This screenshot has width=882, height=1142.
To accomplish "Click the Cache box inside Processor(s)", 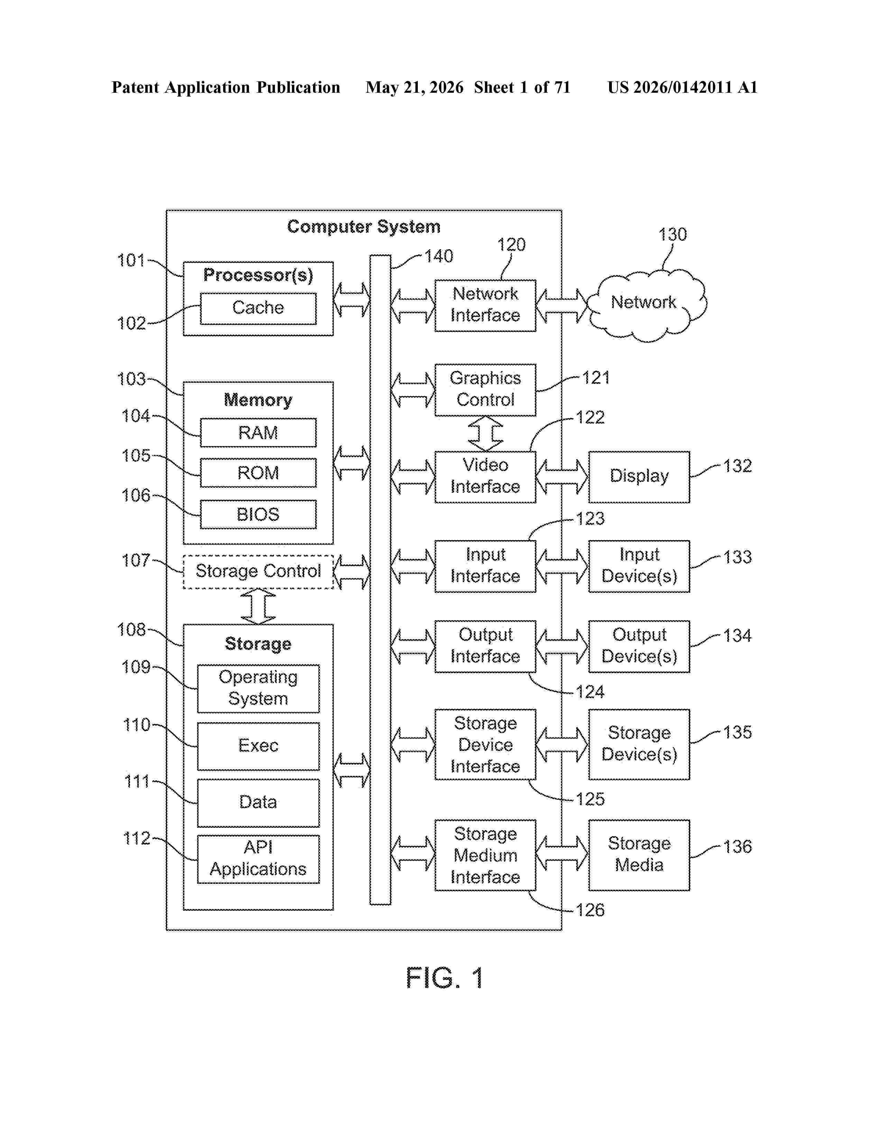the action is (x=258, y=308).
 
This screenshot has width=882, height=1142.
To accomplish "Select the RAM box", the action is (x=258, y=433).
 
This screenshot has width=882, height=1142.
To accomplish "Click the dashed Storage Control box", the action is (x=258, y=572).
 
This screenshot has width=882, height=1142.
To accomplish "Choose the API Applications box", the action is (x=258, y=859).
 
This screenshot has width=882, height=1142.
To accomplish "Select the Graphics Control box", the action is (x=485, y=390).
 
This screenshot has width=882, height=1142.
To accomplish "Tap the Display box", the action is (x=639, y=477).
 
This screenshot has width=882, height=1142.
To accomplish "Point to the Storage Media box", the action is (x=639, y=855).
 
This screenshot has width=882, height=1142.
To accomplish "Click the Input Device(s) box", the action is (x=639, y=566).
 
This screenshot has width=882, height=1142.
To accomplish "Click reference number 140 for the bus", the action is (x=438, y=256).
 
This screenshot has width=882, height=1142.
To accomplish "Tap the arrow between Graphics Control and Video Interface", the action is (x=485, y=434).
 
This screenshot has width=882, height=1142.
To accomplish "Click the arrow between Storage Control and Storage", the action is (x=258, y=607).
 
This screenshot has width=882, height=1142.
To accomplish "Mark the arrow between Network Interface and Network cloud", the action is (x=562, y=306).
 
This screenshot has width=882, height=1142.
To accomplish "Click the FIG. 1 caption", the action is (x=445, y=978).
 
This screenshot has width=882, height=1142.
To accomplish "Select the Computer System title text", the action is (x=364, y=227).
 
